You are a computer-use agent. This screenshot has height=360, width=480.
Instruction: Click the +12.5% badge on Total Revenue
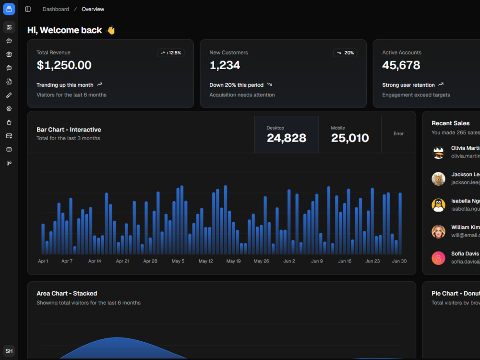pos(171,53)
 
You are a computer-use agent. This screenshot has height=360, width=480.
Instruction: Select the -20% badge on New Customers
pos(345,53)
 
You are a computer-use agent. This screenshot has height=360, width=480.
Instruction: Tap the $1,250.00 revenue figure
pos(64,65)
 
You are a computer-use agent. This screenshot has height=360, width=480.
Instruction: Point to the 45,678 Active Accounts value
pos(401,65)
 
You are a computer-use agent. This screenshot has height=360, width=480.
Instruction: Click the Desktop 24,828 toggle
pos(287,134)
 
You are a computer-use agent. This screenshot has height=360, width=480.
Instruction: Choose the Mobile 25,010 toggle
pos(350,134)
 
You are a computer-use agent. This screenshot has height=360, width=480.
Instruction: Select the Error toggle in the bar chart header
pos(398,134)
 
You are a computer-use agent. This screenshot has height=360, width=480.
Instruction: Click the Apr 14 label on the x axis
pos(95,261)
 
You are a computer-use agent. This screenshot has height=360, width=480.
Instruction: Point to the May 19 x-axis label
pos(234,261)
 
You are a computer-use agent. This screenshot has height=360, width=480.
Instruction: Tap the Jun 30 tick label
pos(399,261)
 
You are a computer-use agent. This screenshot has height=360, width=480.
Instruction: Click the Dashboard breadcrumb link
pos(56,9)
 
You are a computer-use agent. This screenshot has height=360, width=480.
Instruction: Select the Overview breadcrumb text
pos(93,9)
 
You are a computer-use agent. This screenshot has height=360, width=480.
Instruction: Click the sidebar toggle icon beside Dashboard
pos(28,9)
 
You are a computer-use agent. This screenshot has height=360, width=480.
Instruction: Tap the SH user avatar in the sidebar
pos(9,351)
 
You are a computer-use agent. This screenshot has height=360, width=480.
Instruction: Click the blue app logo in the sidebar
pos(9,9)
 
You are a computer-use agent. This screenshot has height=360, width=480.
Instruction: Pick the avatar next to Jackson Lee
pos(438,179)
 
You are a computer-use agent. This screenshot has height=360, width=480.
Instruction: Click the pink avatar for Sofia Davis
pos(438,258)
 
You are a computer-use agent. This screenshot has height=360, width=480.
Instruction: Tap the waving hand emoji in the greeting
pos(111,30)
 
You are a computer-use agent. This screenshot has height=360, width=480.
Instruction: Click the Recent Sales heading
pos(451,123)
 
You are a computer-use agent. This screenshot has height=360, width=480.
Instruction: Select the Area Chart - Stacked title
pos(67,293)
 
